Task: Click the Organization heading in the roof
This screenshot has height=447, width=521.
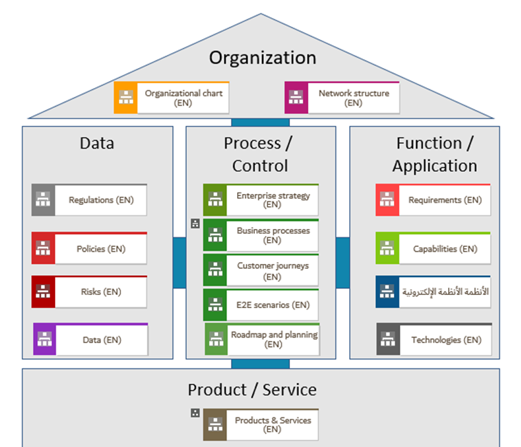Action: (x=263, y=58)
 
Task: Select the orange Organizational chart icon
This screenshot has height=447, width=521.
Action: (x=125, y=98)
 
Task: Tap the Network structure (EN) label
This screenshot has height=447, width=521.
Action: (x=353, y=98)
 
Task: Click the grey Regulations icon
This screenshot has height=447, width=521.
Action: (x=43, y=200)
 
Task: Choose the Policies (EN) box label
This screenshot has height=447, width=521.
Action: (x=100, y=249)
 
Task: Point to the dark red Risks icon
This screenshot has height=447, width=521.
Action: (x=43, y=292)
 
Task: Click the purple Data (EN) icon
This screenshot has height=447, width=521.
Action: (x=45, y=340)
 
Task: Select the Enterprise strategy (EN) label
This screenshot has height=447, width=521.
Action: (x=273, y=199)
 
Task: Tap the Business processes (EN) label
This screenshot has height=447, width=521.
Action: (x=273, y=235)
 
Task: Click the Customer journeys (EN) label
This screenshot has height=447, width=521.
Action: (x=273, y=271)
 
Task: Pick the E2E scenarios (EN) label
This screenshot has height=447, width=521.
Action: (x=273, y=305)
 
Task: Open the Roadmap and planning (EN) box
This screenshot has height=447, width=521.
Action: (x=274, y=339)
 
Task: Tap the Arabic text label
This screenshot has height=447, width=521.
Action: (x=445, y=292)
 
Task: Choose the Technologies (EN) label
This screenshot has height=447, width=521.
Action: (x=445, y=340)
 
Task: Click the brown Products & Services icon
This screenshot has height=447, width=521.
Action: (x=215, y=424)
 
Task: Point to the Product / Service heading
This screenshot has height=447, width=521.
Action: (x=252, y=390)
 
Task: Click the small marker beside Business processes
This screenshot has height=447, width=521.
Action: (x=195, y=223)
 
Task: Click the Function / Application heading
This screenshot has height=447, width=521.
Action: (x=434, y=154)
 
